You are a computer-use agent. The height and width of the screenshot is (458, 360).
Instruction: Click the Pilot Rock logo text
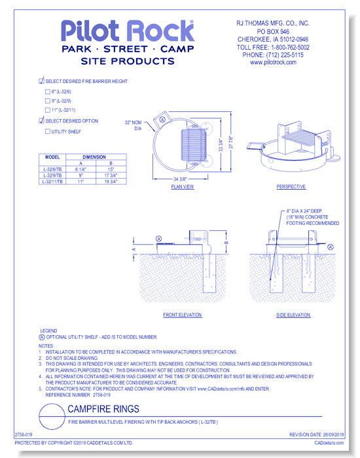[x=127, y=31]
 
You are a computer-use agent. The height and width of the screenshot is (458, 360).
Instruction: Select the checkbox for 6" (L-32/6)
[x=47, y=92]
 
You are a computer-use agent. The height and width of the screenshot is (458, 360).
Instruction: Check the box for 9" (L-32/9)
[x=47, y=101]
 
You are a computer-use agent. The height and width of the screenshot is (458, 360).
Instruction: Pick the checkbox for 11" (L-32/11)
[x=47, y=111]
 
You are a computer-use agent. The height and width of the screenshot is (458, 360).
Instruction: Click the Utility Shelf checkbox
[x=47, y=132]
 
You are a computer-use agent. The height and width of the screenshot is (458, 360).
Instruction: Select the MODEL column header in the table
[x=52, y=157]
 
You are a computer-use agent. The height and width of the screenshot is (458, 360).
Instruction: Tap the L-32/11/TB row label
[x=52, y=182]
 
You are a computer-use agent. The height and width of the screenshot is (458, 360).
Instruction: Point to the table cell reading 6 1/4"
[x=81, y=169]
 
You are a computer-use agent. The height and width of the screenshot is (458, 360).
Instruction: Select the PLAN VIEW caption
[x=183, y=187]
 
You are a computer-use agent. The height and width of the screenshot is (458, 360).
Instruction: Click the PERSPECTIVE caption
[x=291, y=187]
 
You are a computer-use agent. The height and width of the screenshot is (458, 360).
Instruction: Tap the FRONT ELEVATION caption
[x=182, y=315]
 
